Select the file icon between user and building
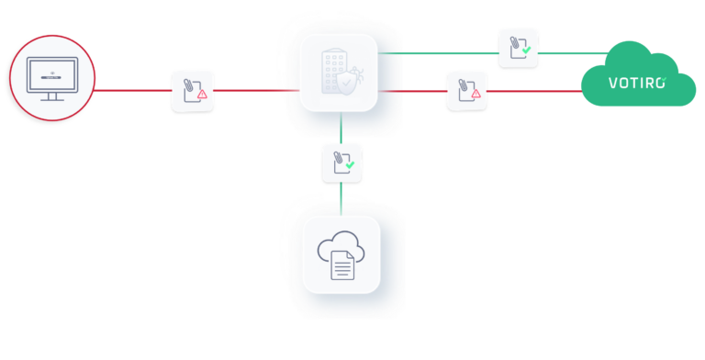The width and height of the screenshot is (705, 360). click(x=192, y=91)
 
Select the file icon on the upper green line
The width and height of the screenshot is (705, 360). click(x=518, y=48)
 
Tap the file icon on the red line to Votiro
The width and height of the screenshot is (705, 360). click(x=466, y=90)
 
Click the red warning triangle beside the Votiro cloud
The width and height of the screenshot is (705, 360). click(x=476, y=95)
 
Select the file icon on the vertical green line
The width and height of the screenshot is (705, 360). click(x=341, y=163)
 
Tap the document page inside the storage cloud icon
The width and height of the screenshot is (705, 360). click(x=342, y=265)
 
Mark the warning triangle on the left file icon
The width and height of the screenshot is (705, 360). click(x=202, y=95)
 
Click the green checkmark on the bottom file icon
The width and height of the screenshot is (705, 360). click(x=350, y=166)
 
